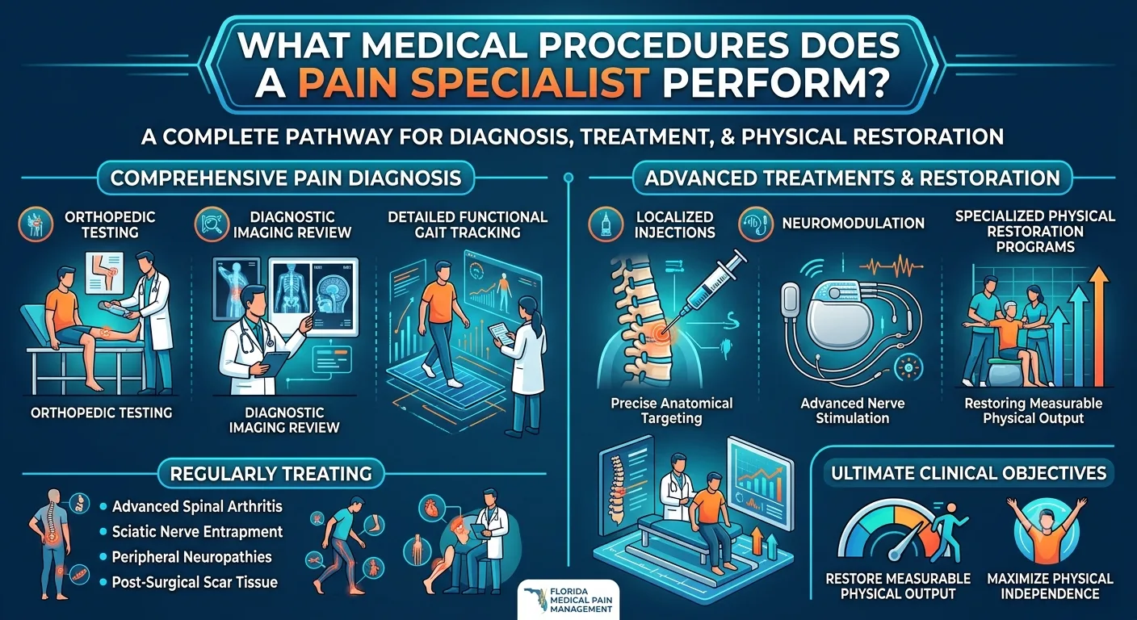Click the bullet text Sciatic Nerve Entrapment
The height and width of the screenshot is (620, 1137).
tap(197, 532)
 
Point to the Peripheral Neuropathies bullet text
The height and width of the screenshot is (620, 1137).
tap(191, 557)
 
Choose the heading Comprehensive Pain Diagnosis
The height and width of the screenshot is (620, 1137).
tap(286, 178)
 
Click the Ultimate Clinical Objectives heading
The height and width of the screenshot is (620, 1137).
tap(968, 473)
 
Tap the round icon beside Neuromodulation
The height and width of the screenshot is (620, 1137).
tap(756, 224)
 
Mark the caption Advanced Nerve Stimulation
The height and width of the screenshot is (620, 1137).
tap(852, 411)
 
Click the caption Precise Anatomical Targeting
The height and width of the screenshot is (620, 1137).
tap(672, 411)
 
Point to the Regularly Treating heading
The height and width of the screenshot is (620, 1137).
tap(271, 474)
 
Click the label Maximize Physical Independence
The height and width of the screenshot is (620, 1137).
tap(1051, 586)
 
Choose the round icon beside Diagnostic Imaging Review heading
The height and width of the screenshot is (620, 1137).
tap(212, 224)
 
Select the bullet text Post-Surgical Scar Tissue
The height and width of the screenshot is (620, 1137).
tap(195, 582)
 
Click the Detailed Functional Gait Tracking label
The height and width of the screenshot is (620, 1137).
tap(468, 224)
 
